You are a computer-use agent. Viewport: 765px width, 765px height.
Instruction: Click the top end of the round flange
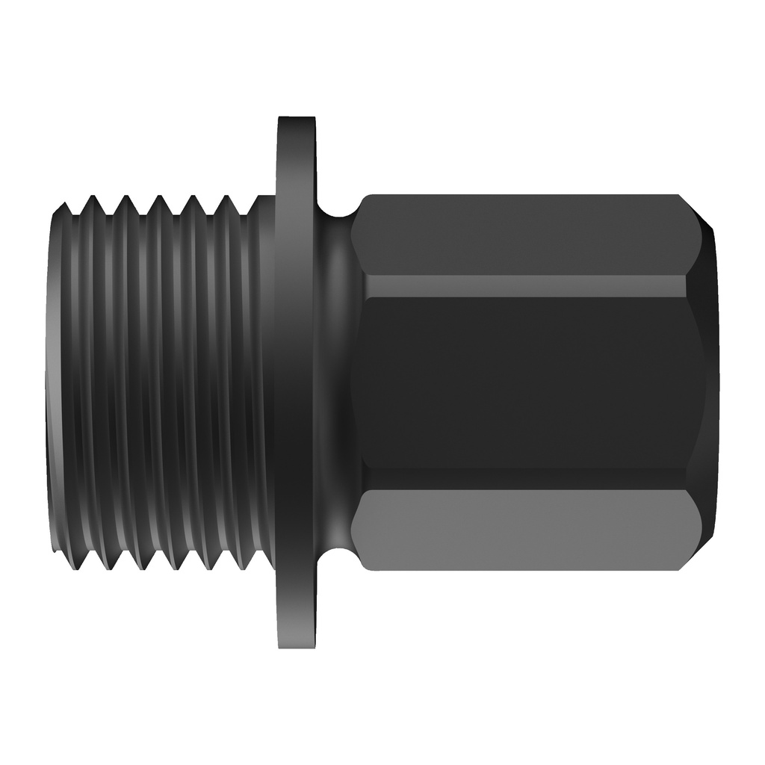point(297,121)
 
